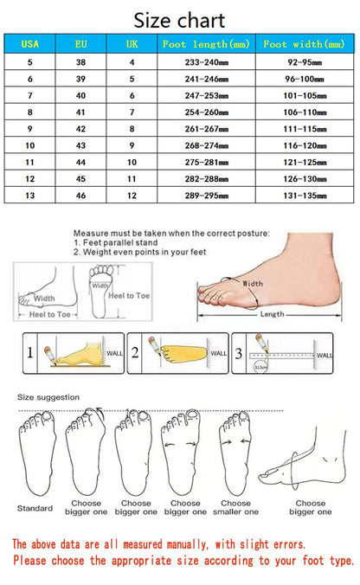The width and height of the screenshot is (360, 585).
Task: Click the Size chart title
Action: coord(180,20)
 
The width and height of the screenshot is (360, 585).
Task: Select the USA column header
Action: coord(30,43)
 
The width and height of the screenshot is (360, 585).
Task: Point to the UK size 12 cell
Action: coord(132,196)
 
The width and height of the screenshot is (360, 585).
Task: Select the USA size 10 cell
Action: coord(30,145)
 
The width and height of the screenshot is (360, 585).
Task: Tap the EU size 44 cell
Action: coord(80,162)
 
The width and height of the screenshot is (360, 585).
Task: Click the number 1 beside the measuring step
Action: coord(29,352)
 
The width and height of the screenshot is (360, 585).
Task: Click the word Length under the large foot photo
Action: coord(272,314)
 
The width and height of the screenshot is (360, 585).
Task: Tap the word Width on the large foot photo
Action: coord(253,283)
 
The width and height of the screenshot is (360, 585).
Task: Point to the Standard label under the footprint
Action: coord(35,508)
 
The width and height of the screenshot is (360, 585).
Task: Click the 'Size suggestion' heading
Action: coord(48,397)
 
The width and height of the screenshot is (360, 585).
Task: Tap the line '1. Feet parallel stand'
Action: coord(113,244)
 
